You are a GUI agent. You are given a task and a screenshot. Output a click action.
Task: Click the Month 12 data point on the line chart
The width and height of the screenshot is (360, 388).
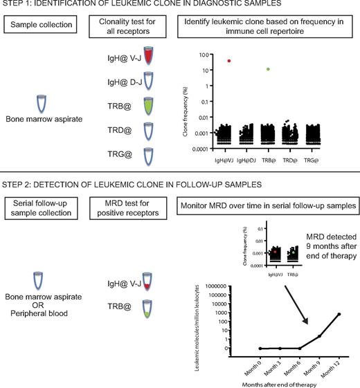(339, 314)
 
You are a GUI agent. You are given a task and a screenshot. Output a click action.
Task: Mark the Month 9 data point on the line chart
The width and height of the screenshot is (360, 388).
(319, 336)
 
